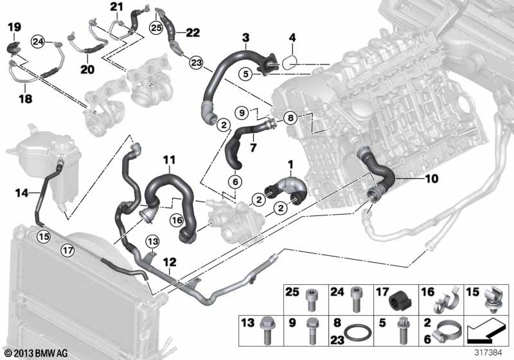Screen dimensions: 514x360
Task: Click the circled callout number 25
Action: (156, 28)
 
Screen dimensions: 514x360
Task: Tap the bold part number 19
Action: (14, 27)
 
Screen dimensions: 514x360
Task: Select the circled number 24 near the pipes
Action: (38, 42)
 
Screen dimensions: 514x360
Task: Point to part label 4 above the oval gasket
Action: (292, 38)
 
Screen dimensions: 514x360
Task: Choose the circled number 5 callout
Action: (246, 74)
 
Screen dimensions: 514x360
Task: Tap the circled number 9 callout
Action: (242, 113)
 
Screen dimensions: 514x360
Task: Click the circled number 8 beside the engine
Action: (291, 118)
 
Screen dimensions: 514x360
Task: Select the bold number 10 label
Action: (431, 179)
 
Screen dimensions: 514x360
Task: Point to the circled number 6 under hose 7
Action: (235, 181)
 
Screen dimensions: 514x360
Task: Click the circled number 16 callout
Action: (177, 220)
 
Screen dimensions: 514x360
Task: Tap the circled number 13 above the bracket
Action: (152, 242)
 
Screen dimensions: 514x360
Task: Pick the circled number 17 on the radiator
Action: (68, 251)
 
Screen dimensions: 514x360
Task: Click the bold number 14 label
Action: (22, 193)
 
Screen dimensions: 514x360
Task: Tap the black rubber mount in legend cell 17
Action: (400, 301)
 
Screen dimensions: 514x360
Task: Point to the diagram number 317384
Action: (488, 353)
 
